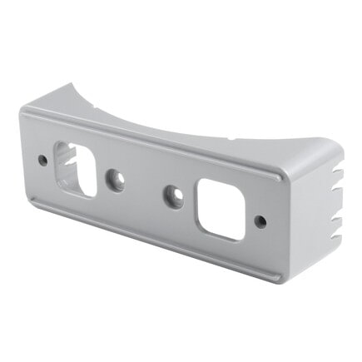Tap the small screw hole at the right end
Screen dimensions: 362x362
coord(260,221)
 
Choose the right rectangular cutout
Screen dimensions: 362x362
coord(221,209)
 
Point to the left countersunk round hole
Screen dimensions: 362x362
coord(116,180)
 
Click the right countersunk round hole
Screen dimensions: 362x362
coord(174,196)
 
